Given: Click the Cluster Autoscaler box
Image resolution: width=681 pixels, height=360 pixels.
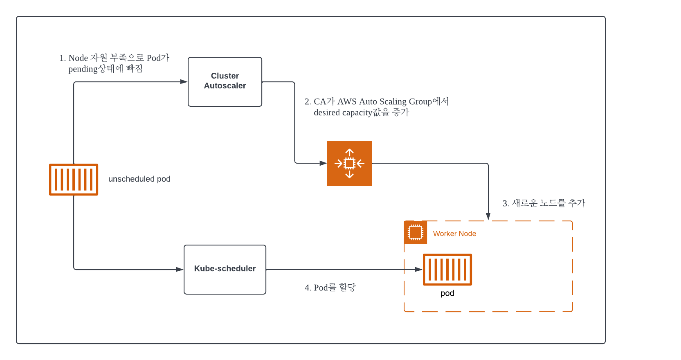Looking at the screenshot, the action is [x=225, y=82].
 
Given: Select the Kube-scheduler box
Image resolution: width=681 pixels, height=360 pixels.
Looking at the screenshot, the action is [x=225, y=270].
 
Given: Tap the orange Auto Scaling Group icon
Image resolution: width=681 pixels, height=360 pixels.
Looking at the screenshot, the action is [x=349, y=163].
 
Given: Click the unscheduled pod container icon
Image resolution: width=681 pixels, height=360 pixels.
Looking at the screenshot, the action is [x=74, y=180].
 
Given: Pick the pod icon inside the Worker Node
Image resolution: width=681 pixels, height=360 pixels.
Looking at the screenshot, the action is [x=447, y=270].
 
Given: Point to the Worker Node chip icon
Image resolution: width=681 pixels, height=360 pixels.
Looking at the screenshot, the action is [x=415, y=232].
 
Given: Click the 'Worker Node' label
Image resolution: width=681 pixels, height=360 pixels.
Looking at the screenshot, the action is [x=454, y=234].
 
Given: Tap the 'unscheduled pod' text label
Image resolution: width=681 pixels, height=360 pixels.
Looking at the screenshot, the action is [x=139, y=179].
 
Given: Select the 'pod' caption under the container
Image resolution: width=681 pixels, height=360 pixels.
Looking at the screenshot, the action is [x=447, y=293].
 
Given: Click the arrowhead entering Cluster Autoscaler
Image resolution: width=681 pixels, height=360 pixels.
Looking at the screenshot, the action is [x=184, y=81].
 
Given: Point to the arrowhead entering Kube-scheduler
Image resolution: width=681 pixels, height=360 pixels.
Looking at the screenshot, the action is [x=180, y=270].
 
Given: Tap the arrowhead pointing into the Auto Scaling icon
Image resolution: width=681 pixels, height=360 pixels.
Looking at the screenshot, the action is [x=323, y=163].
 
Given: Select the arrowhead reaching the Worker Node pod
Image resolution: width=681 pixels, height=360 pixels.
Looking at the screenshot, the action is [x=419, y=270].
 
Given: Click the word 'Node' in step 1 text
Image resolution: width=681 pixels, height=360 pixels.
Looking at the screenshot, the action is [x=78, y=58].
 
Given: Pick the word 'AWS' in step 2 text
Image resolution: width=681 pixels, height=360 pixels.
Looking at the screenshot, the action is [x=347, y=101].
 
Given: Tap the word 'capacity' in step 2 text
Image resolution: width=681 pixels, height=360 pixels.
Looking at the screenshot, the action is [x=357, y=113].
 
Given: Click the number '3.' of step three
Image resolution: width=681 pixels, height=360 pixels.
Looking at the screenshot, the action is [x=506, y=203].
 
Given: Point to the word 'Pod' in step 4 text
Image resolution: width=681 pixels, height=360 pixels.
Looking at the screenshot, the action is [x=321, y=288].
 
